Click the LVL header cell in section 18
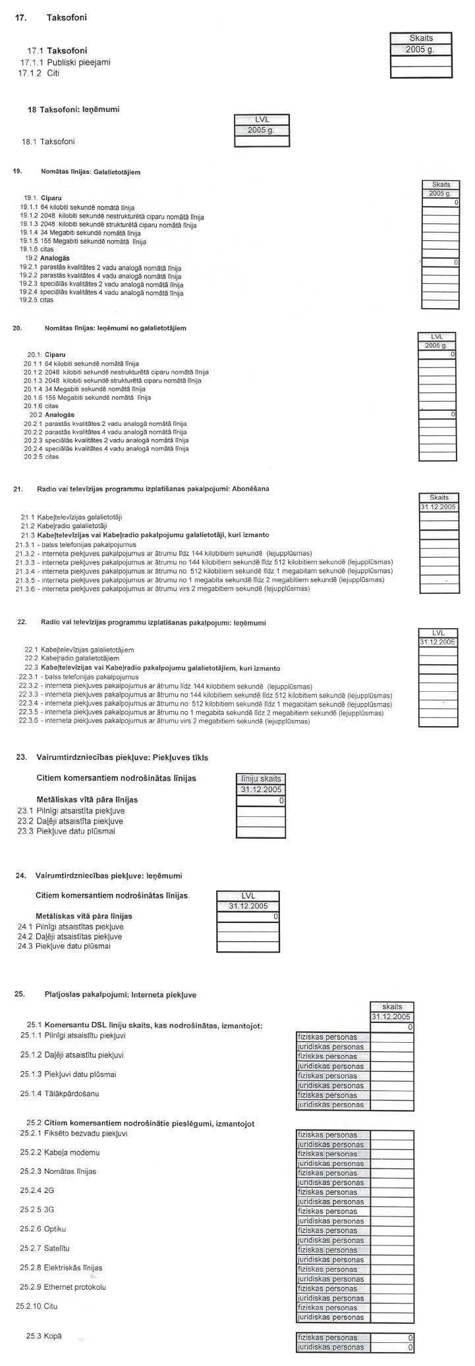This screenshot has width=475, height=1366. (x=262, y=119)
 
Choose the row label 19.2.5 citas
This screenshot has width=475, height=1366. (x=38, y=300)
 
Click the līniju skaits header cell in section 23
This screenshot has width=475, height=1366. (x=262, y=779)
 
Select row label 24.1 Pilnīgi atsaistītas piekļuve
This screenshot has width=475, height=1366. (x=70, y=926)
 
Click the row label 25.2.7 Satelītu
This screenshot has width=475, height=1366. (x=45, y=1248)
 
